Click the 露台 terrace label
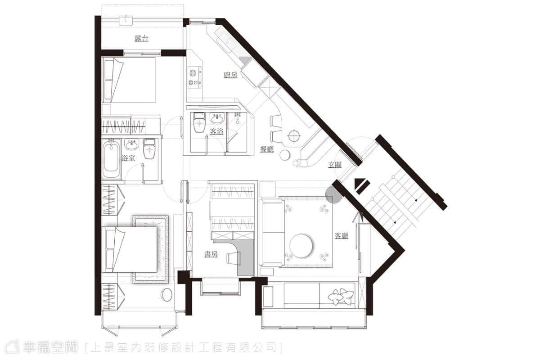tap(141, 38)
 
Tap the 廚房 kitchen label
tap(230, 75)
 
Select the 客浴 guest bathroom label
tap(216, 131)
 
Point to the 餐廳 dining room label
tap(267, 149)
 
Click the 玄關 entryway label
tap(335, 165)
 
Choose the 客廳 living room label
tap(342, 236)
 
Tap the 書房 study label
tap(211, 254)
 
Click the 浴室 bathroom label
tap(128, 158)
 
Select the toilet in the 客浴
tap(199, 122)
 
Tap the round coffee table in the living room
tap(301, 245)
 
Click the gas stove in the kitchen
tap(195, 77)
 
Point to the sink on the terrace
tap(126, 20)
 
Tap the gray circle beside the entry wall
tap(333, 195)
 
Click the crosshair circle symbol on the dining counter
tap(294, 136)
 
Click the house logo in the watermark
tap(12, 347)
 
